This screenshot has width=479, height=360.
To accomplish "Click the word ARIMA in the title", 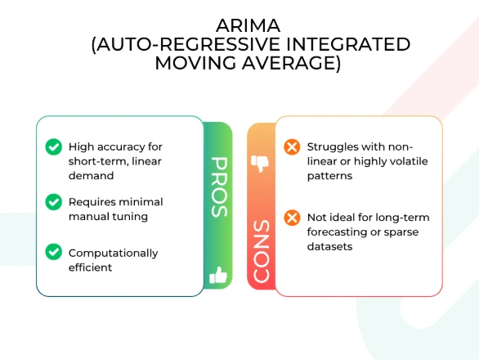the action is pos(248,25).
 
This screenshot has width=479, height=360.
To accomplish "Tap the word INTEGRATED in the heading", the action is pos(347,44).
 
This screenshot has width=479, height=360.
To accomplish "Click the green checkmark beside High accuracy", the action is pos(54,146).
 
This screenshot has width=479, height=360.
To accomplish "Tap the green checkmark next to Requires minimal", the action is pos(54,202).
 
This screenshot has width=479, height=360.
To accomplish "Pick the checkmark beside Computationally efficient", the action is pos(54,252).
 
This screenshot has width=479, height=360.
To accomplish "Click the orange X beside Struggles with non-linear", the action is pos(292,146).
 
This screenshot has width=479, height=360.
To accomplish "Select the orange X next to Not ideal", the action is pos(292,218).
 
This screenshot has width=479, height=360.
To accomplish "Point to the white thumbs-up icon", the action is pos(218,275).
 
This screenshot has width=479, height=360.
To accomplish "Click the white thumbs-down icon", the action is pos(260,164).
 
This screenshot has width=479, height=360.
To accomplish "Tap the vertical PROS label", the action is pos(219,187).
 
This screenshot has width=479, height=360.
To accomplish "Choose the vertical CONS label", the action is pos(262,251).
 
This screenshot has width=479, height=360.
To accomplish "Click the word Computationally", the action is pos(114,254).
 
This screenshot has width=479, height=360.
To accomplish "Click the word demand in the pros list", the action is pos(91,176).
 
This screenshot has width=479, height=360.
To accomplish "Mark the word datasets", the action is pos(329,246).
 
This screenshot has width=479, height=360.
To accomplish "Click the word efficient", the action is pos(90,268).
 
